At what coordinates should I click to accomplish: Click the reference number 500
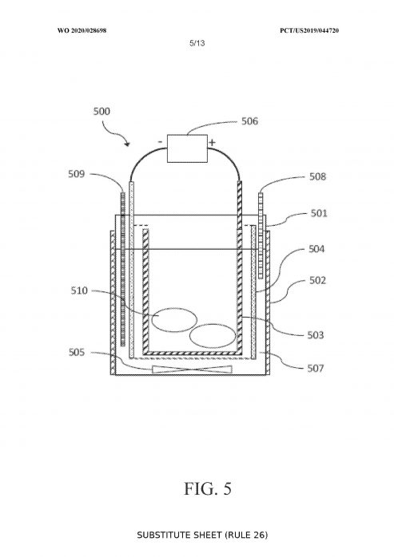pos(101,111)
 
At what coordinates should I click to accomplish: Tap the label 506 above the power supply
pos(249,121)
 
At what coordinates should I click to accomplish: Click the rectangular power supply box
pos(187,148)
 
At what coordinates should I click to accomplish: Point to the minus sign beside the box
pos(161,142)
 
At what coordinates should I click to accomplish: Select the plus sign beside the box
pos(212,143)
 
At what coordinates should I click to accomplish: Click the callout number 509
pos(77,174)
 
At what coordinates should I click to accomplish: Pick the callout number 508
pos(317,176)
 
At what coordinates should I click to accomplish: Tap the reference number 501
pos(319,213)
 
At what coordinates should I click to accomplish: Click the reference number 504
pos(316,249)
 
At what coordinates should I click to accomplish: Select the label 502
pos(317,280)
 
